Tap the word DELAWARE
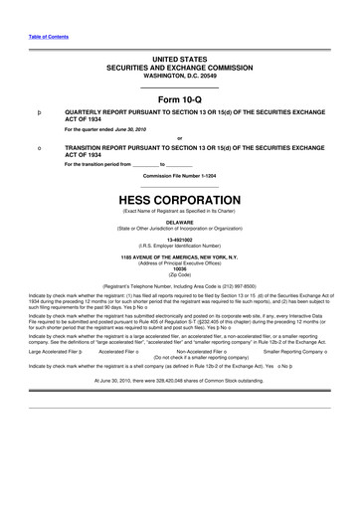pyautogui.click(x=179, y=223)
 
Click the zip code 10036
pyautogui.click(x=179, y=268)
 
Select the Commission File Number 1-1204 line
pyautogui.click(x=179, y=175)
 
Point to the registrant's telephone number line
pyautogui.click(x=179, y=285)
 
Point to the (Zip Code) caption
pyautogui.click(x=179, y=274)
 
